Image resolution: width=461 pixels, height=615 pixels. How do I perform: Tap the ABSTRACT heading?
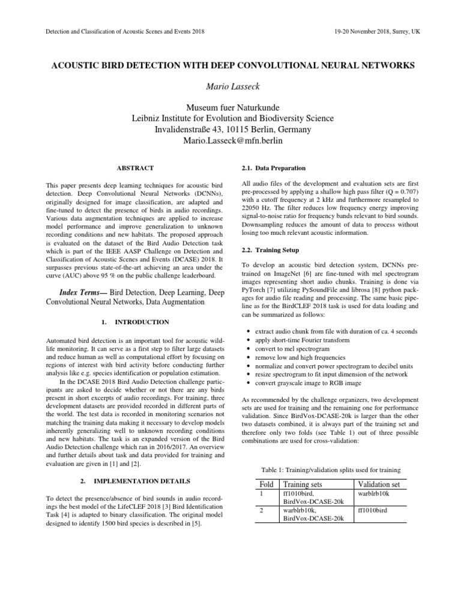[135, 168]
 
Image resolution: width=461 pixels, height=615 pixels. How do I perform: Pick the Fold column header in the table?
[265, 484]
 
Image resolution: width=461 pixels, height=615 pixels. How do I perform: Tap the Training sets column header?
[306, 484]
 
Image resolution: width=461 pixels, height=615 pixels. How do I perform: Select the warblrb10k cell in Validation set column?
[373, 493]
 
